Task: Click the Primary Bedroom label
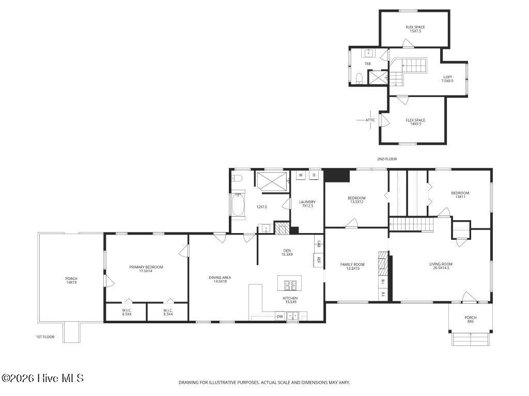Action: [x=146, y=269]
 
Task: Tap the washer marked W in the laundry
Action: [x=301, y=175]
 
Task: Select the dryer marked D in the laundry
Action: [x=314, y=175]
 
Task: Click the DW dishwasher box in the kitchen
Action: [x=279, y=316]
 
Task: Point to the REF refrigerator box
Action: [x=318, y=260]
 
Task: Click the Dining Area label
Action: [x=220, y=279]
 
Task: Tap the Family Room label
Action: [x=352, y=266]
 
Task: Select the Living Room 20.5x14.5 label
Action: [x=441, y=266]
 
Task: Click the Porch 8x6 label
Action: [x=470, y=319]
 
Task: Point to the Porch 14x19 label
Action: [x=71, y=280]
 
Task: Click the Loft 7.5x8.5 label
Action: [x=448, y=79]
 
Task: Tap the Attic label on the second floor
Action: [x=370, y=120]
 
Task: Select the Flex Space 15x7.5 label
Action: [x=415, y=29]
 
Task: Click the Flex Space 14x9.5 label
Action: [x=415, y=122]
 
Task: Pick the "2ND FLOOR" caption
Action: [x=387, y=159]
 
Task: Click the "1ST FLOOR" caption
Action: [x=45, y=337]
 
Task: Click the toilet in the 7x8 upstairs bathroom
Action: [x=359, y=78]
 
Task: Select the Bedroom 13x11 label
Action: [x=460, y=194]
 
